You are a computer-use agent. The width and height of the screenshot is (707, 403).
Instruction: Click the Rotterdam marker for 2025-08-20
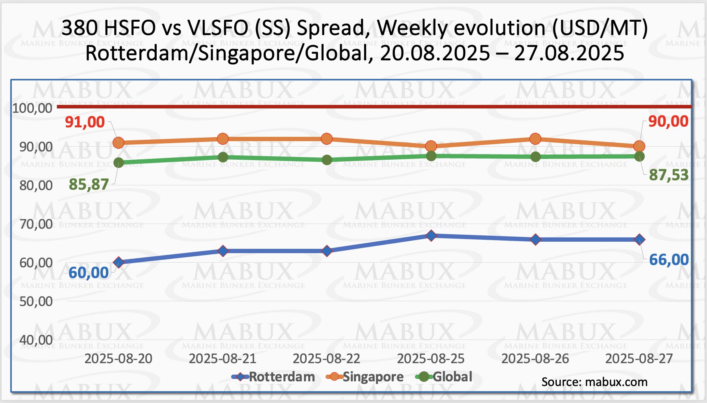coord(118,263)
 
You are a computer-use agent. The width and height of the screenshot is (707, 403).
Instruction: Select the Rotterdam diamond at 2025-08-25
coord(431,236)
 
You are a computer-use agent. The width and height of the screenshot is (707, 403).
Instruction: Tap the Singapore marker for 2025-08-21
coord(223,139)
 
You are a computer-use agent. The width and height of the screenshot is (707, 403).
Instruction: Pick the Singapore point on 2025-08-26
coord(535,139)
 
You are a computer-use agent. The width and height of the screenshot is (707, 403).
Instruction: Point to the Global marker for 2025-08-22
coord(327,160)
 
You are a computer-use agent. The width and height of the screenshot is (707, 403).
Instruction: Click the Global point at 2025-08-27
coord(639,157)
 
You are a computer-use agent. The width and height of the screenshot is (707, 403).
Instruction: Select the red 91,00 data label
coord(85,122)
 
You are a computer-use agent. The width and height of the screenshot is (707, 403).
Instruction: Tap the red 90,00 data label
coord(668,121)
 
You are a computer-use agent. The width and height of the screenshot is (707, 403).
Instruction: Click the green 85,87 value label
coord(89,185)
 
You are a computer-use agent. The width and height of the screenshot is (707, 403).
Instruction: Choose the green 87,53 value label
coord(668,175)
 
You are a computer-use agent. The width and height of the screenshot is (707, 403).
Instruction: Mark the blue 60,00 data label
coord(89,273)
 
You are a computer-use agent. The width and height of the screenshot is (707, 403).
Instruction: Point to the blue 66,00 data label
coord(668,260)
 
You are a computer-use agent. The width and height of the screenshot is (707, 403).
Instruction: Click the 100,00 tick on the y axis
coord(32,108)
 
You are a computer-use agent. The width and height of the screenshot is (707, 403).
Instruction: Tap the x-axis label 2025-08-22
coord(326,359)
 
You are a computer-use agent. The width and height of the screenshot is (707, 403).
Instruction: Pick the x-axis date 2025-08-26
coord(535,359)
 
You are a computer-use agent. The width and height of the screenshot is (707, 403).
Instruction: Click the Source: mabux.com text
coord(594,382)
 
